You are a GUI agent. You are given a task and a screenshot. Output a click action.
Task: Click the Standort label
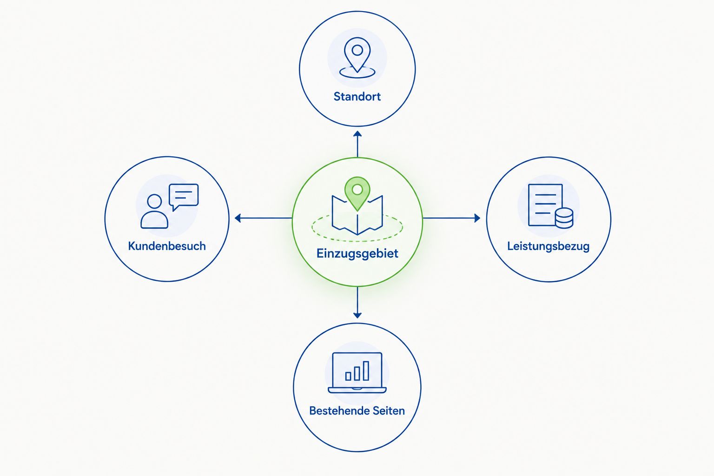(x=357, y=97)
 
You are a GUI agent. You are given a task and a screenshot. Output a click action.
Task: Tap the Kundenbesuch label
(x=167, y=246)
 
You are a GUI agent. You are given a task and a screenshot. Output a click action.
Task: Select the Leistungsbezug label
(x=548, y=246)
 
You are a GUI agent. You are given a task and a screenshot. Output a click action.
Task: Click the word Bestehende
(x=338, y=410)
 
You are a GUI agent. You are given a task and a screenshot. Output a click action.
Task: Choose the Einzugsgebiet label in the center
(x=357, y=254)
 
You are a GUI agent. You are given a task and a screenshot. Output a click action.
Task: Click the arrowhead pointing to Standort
(x=357, y=134)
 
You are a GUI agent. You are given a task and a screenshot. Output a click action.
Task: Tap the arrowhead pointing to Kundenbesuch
(x=238, y=218)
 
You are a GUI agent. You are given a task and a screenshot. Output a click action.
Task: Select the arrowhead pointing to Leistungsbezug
(x=477, y=218)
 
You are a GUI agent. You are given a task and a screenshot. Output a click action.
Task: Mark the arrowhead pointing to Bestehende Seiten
(x=357, y=315)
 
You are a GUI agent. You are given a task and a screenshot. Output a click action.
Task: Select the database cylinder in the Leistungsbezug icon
(x=564, y=218)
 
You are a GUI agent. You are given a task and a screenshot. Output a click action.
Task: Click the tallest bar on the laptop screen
(x=366, y=371)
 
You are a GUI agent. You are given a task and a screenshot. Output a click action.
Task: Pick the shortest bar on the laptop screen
(x=348, y=376)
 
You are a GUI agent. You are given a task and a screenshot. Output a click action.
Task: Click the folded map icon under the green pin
(x=357, y=215)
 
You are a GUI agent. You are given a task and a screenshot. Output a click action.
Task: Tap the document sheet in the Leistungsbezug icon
(x=545, y=205)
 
